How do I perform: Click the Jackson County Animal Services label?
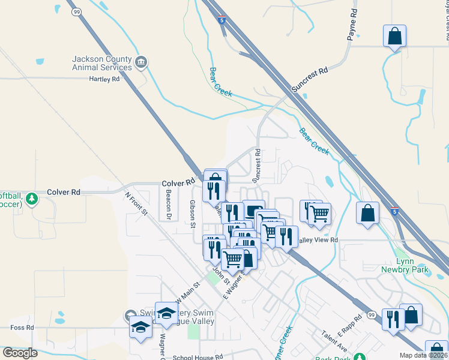[x=101, y=63]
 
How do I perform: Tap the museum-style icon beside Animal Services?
[x=140, y=62]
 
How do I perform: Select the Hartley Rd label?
[x=104, y=79]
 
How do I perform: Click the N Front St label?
[x=136, y=204]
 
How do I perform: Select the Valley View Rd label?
[x=318, y=240]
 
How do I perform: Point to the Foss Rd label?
[x=22, y=328]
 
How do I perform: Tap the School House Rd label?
[x=197, y=356]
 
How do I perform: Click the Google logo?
[x=20, y=353]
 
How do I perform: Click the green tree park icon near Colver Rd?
[x=32, y=199]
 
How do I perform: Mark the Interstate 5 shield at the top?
[x=222, y=20]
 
